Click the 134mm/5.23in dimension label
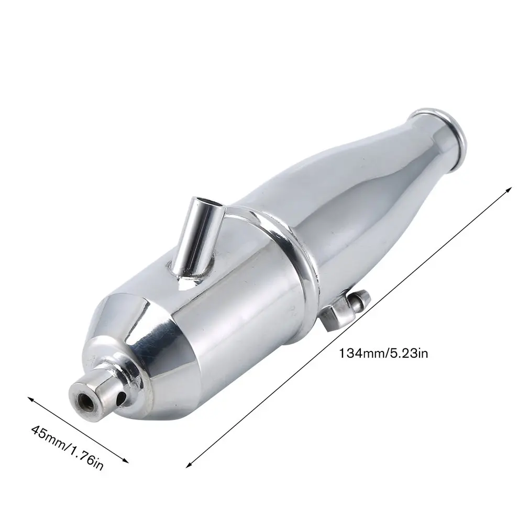(x=384, y=354)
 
